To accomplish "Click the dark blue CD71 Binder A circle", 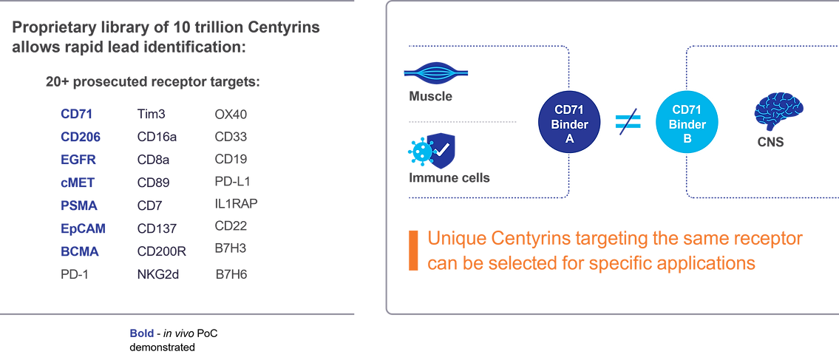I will click(x=569, y=123).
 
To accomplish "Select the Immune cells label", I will click(x=449, y=177).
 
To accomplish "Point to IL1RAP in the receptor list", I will click(x=235, y=202).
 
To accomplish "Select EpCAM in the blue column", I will click(x=81, y=228).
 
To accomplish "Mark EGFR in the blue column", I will click(x=77, y=159).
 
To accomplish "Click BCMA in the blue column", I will click(x=79, y=251).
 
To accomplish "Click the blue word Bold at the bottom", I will click(x=141, y=333).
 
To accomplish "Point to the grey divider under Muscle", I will click(x=463, y=120).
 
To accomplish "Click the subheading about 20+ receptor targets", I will click(x=152, y=83).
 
